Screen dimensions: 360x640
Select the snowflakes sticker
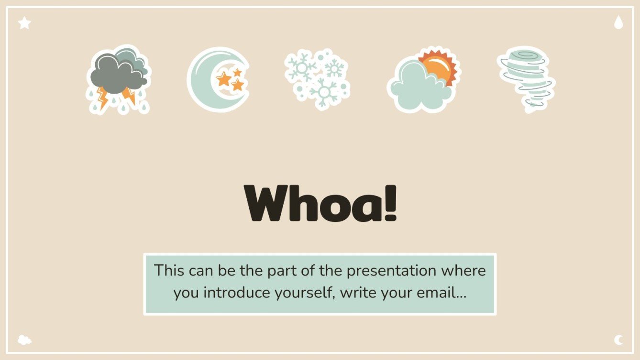pos(317,78)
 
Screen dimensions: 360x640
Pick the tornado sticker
pos(526,79)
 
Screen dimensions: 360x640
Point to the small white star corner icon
pos(24,22)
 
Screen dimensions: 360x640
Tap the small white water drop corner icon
pos(618,22)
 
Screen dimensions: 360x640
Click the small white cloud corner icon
pos(24,340)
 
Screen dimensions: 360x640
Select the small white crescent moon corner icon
pos(618,340)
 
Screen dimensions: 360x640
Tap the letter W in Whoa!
pos(267,203)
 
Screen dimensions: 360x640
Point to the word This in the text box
pos(169,271)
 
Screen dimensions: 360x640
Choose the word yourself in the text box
pos(304,293)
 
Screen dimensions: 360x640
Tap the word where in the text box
pos(463,271)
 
